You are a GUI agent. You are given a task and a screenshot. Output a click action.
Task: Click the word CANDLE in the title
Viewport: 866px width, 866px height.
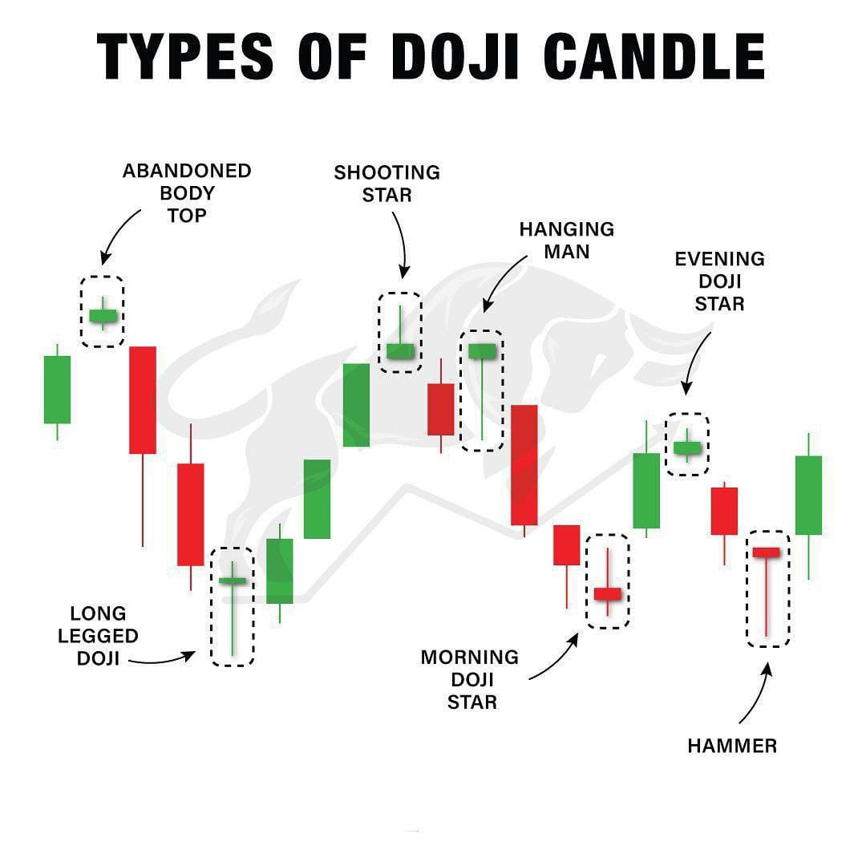coord(654,56)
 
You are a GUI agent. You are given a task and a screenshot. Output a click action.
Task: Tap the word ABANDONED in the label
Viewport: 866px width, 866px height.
coord(187,171)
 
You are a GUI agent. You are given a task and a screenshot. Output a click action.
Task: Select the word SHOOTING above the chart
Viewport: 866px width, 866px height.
coord(386,172)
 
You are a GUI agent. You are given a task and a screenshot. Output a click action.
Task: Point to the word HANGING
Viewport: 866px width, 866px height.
coord(567,229)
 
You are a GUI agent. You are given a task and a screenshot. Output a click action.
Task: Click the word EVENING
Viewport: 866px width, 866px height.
coord(719,259)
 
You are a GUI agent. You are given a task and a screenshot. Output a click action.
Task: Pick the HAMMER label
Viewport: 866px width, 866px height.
coord(732,747)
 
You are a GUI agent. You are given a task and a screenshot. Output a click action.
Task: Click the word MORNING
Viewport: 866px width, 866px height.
coord(469,658)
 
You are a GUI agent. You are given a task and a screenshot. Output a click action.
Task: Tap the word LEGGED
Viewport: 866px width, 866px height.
coord(98,636)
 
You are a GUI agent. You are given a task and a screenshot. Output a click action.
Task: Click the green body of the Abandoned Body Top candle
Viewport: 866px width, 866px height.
coord(103,316)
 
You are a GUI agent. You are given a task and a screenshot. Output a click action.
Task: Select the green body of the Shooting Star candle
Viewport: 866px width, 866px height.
coord(400,351)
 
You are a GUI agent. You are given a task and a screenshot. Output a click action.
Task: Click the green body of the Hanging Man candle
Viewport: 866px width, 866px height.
coord(482,351)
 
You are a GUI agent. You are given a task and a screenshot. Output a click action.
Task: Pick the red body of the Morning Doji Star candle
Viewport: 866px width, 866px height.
coord(608,594)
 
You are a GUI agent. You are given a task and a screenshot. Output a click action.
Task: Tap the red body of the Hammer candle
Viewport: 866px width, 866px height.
coord(767,552)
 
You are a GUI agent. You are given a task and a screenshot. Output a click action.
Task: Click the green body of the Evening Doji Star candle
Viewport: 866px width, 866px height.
coord(687,448)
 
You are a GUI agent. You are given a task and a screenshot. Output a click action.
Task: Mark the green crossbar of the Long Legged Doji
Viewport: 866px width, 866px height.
coord(233,581)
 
